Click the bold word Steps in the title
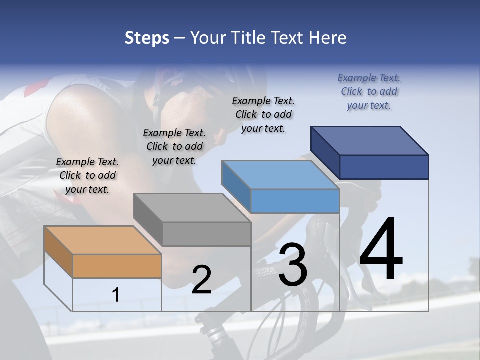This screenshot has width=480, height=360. click(x=147, y=38)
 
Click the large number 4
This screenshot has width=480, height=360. click(x=381, y=250)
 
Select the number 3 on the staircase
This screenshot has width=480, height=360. click(x=292, y=265)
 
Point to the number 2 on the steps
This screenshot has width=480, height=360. click(x=201, y=280)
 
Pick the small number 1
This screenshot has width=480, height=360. click(x=116, y=295)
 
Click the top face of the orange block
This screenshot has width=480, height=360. click(x=102, y=240)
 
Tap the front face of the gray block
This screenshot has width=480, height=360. click(x=206, y=234)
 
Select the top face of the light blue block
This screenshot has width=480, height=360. click(x=280, y=175)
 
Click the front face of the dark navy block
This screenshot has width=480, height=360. click(x=384, y=167)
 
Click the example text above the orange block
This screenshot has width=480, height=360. click(x=87, y=175)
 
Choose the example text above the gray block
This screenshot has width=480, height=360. click(x=174, y=146)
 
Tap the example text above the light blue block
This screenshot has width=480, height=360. click(x=263, y=114)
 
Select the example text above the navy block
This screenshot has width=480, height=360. click(x=369, y=91)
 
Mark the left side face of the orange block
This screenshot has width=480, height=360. click(x=58, y=252)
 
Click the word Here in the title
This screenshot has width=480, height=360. click(x=328, y=38)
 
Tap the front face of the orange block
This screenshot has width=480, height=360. click(x=117, y=266)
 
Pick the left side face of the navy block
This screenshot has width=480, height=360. click(x=325, y=152)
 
